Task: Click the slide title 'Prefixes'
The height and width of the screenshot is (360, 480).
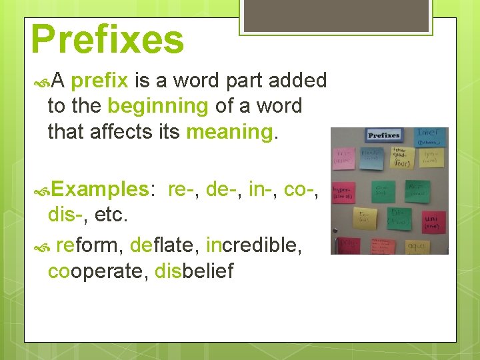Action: pos(107,39)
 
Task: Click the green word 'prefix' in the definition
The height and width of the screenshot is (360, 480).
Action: pos(99,81)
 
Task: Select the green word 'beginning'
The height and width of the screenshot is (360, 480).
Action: pos(158,106)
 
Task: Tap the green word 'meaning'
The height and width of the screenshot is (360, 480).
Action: pos(229,132)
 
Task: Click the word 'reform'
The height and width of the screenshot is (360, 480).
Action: pos(87,245)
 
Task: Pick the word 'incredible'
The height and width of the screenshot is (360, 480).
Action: pos(254,245)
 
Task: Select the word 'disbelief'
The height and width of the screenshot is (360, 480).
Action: pos(194,271)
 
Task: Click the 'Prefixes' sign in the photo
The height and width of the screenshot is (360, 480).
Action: pos(384,136)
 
